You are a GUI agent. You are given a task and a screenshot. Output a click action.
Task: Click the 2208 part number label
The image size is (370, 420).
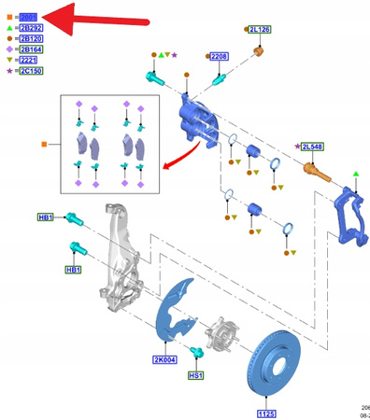pyautogui.click(x=219, y=57)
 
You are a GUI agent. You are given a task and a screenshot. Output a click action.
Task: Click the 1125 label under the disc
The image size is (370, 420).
pyautogui.click(x=267, y=412)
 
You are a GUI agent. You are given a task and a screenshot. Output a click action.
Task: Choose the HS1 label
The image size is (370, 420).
pyautogui.click(x=196, y=375)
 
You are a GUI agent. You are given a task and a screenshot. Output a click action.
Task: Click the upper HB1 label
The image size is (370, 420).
pyautogui.click(x=46, y=217)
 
